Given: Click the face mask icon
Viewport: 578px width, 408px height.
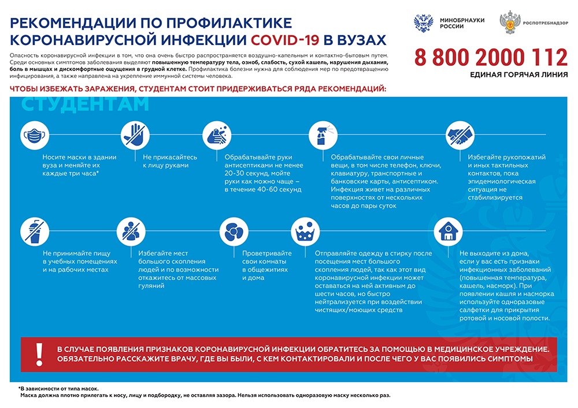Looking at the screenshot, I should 33,136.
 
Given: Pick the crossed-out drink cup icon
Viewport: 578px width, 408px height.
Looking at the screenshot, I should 33,231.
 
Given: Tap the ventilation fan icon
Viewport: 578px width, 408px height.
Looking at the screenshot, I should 234,231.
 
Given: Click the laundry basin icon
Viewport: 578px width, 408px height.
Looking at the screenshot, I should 305,231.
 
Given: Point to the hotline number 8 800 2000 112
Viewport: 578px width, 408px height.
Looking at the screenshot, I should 491,58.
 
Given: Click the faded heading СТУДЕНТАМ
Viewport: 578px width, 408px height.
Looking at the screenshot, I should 85,104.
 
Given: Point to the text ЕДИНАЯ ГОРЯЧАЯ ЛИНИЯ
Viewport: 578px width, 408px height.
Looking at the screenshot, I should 518,75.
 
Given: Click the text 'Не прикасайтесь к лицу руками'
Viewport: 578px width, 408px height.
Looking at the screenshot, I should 170,161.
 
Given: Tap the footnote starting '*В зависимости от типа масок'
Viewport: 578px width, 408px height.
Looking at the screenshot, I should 58,388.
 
